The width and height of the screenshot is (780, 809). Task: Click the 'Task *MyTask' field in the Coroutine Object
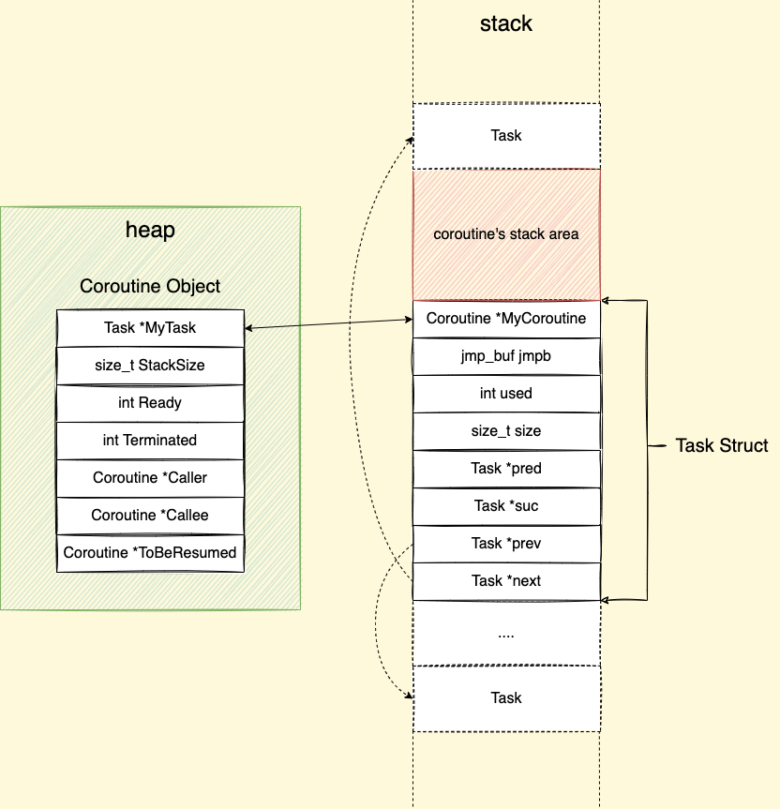coord(150,328)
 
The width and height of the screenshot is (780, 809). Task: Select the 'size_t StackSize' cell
coord(150,366)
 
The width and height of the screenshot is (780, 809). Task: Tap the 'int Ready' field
coord(150,403)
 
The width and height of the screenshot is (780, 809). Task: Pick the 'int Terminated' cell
coord(150,441)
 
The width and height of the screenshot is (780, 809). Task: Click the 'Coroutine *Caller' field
coord(150,478)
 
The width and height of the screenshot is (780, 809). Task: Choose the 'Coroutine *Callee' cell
coord(150,516)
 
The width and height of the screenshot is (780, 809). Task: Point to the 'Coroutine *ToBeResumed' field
coord(150,553)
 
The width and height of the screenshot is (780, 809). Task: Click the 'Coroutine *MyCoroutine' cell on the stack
coord(506,319)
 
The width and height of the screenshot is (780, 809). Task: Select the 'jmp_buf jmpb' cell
coord(506,356)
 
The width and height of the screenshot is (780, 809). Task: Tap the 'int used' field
coord(506,394)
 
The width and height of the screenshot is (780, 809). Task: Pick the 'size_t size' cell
coord(506,431)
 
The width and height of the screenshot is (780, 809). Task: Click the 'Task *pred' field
coord(506,469)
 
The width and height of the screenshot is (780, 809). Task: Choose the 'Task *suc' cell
coord(506,506)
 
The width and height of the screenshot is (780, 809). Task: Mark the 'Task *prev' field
coord(506,544)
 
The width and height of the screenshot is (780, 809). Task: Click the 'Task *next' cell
coord(506,581)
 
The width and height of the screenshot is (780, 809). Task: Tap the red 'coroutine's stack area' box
coord(506,234)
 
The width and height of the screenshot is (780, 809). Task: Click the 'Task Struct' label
coord(722,445)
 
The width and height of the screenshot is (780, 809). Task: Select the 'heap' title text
coord(150,230)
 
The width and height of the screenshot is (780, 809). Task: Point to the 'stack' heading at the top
coord(506,23)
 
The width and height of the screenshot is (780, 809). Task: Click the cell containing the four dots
coord(506,634)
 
